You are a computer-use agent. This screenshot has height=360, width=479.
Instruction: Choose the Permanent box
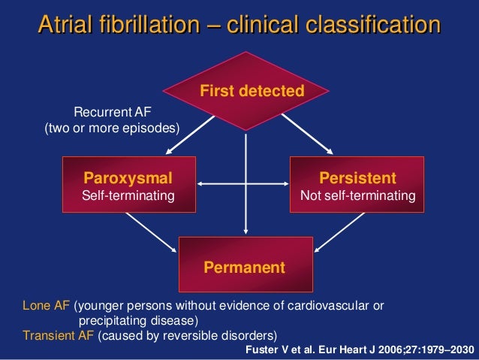[x=245, y=265]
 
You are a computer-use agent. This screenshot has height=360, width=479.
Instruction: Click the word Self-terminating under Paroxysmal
[x=128, y=195]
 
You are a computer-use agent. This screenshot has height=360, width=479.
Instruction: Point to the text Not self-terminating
[x=357, y=195]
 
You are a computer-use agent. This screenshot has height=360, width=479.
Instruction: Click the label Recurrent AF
[x=112, y=113]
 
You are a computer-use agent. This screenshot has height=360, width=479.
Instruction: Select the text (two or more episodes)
[x=113, y=128]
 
